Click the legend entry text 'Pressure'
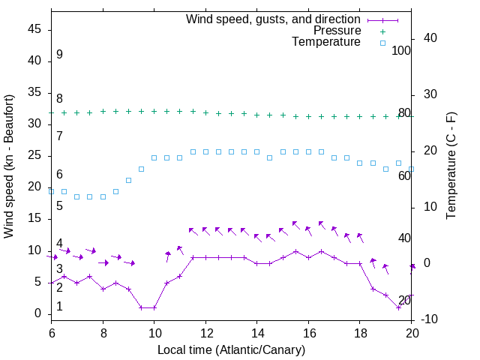[x=337, y=31]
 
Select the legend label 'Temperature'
[x=326, y=42]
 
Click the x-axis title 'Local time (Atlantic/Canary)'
[x=231, y=349]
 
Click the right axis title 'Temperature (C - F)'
[x=451, y=166]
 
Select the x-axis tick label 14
[x=256, y=332]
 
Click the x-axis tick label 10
[x=154, y=332]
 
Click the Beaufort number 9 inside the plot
[x=59, y=55]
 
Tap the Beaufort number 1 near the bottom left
[x=59, y=307]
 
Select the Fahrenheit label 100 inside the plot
[x=401, y=50]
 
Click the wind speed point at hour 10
[x=154, y=307]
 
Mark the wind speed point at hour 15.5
[x=295, y=251]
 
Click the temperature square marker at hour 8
[x=103, y=196]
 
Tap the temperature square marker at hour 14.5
[x=270, y=157]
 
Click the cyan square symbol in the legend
[x=382, y=43]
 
